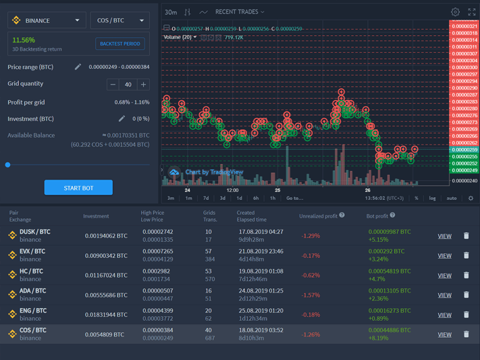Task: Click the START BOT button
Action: coord(78,188)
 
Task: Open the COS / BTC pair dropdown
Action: coord(120,21)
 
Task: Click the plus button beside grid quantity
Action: coord(143,84)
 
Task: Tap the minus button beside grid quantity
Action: coord(113,84)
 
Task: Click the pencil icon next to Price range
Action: coord(78,67)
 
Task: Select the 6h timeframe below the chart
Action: coord(256,198)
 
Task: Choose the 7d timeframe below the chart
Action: coord(206,198)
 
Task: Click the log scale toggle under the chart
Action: coord(432,198)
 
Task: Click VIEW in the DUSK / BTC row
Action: coord(444,236)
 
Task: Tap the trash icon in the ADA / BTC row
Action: coord(466,294)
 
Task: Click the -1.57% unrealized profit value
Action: coord(311,295)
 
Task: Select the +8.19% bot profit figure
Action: coord(377,338)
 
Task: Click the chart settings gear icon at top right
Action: coord(455,12)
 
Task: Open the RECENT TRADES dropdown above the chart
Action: coord(240,12)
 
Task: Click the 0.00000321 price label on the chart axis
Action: coord(464,26)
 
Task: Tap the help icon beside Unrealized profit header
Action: coord(342,215)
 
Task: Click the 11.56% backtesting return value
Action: coord(24,41)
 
